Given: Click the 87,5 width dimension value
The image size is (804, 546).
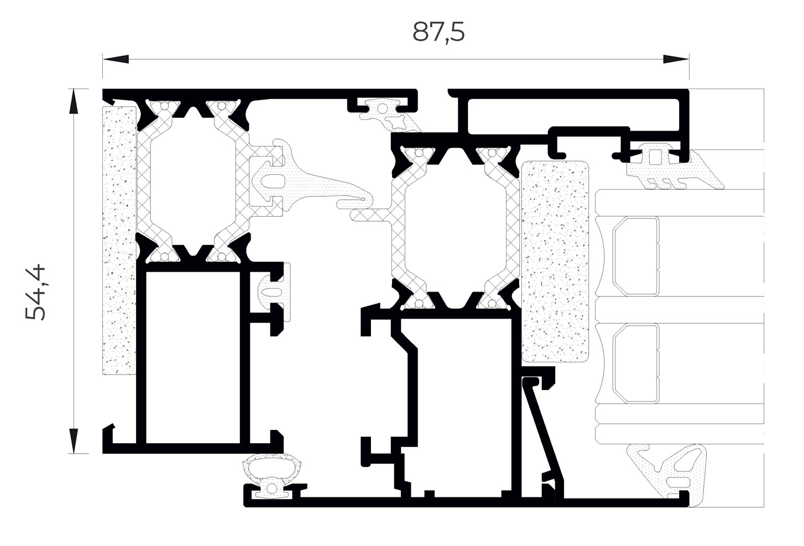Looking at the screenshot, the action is click(438, 32).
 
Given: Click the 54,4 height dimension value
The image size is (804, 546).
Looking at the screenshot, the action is click(35, 292).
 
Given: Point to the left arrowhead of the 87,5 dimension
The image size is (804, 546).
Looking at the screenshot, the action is click(116, 59).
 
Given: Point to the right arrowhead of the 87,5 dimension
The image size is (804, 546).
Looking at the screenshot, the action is click(676, 59).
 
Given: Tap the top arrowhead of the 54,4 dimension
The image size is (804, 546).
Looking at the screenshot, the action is click(74, 101).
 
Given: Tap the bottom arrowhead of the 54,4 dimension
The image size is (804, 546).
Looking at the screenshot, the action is click(74, 441).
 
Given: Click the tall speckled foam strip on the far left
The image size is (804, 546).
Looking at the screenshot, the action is click(119, 241).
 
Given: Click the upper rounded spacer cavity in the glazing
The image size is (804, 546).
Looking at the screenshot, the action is click(636, 256).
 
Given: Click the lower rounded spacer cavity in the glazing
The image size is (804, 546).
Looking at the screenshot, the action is click(636, 363).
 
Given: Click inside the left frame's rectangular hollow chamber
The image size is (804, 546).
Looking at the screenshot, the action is click(193, 357).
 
